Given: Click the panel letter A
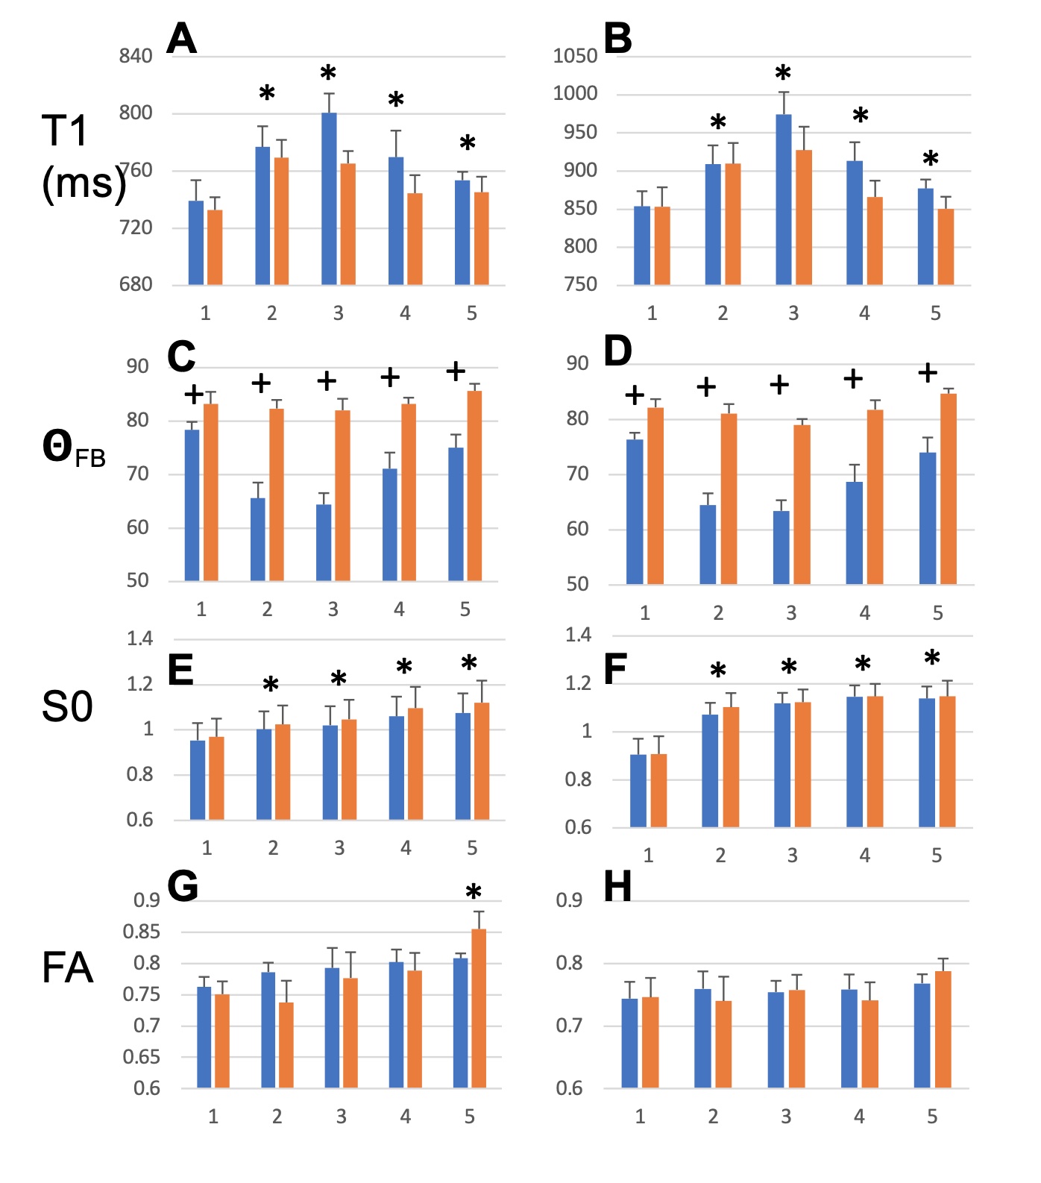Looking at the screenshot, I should (181, 39).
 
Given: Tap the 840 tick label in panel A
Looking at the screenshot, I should (136, 56).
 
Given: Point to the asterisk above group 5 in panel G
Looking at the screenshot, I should (474, 892).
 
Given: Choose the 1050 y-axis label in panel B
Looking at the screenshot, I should (575, 56).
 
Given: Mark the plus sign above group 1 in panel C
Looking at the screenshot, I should (193, 394).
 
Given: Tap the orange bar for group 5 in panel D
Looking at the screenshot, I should (949, 489).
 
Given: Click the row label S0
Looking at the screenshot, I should (67, 706).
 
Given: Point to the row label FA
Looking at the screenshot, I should (67, 968).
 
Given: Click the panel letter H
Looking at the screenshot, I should (617, 887).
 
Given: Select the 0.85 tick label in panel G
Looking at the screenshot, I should (141, 932).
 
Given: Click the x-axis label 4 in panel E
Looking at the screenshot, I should (406, 848).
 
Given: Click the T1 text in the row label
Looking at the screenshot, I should (65, 131).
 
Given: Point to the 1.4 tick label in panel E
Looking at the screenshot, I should (139, 638).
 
